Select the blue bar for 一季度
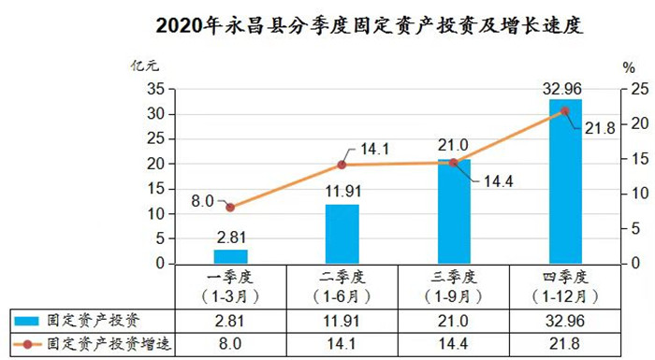click(x=230, y=256)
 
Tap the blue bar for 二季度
click(x=342, y=234)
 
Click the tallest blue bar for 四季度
click(x=565, y=181)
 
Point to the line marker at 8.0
click(x=230, y=207)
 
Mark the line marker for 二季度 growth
click(x=342, y=165)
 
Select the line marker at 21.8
click(x=564, y=110)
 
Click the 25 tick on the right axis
click(x=636, y=89)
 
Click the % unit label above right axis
click(x=628, y=66)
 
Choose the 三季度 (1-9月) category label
click(x=455, y=286)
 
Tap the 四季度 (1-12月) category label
click(x=565, y=286)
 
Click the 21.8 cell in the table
click(x=565, y=344)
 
